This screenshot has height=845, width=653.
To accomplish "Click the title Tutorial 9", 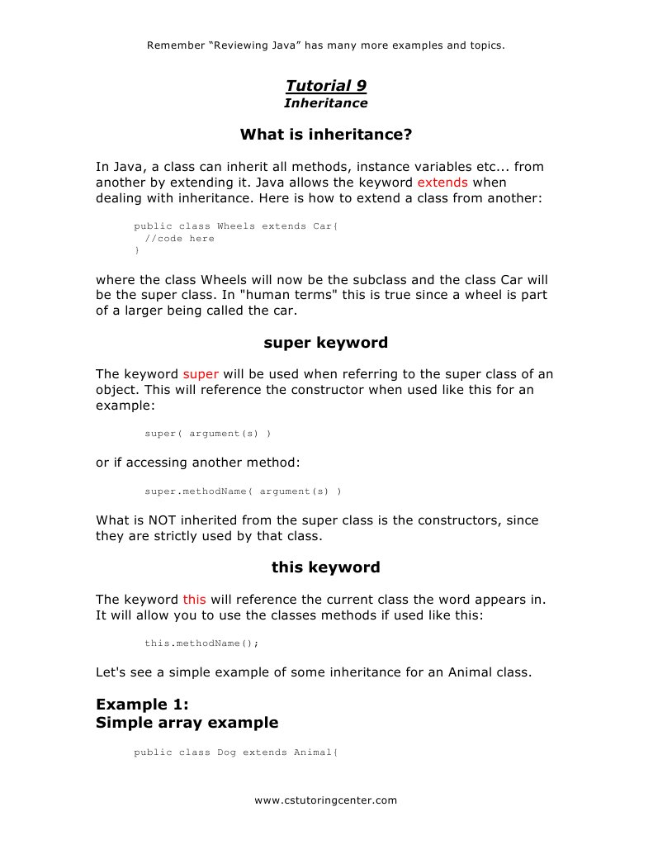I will pos(325,86).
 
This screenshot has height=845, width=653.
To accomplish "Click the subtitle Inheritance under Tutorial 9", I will pos(325,103).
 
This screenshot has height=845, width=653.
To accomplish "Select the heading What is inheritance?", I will pos(325,134).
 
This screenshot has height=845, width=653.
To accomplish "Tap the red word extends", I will pos(442,182).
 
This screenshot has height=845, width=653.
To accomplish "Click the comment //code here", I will pos(179,239).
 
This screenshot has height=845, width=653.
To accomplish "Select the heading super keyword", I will pos(325,342).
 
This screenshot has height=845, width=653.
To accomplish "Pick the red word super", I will pos(200,374).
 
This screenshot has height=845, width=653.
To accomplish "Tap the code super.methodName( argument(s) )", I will pos(243,491).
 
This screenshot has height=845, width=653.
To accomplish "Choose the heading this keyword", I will pos(325,567).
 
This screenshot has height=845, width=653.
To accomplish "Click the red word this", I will pos(194,599).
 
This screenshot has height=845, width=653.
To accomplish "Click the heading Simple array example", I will pos(187,723).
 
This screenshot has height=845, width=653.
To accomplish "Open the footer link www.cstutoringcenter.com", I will pos(325,800).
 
